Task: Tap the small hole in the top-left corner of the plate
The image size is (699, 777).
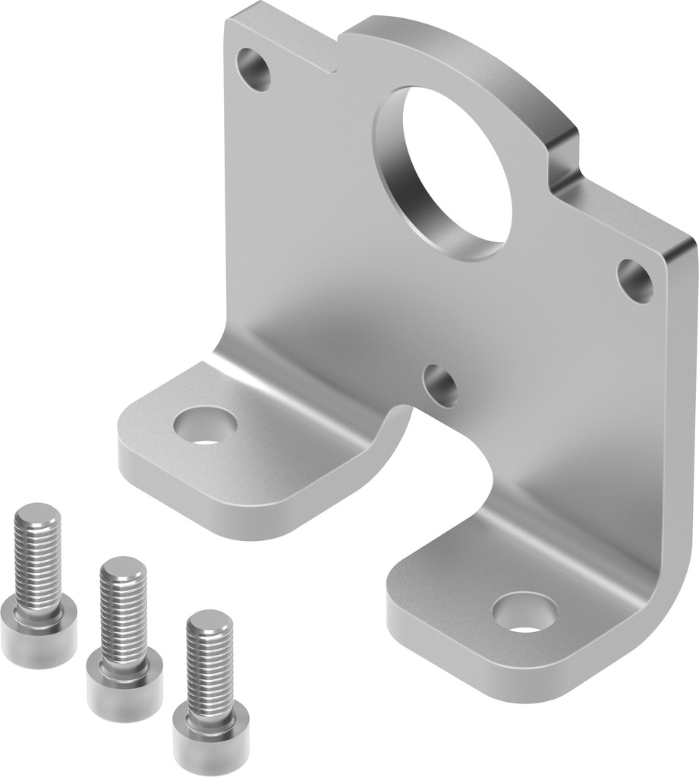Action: coord(254,69)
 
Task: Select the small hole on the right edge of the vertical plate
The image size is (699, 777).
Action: coord(634,281)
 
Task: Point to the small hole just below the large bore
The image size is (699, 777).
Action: coord(440,385)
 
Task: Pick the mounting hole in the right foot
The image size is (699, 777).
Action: coord(524,612)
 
